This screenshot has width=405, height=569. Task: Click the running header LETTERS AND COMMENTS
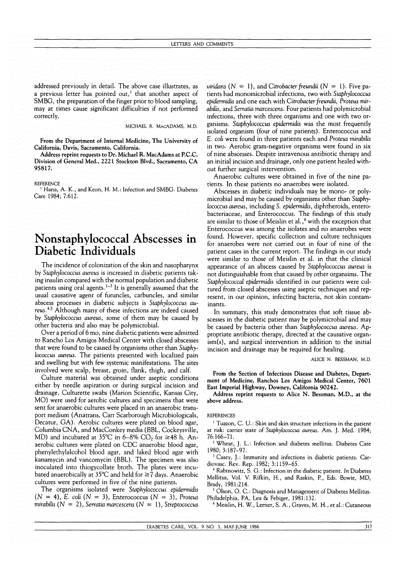point(202,44)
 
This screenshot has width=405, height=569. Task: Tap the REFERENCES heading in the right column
point(221,415)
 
